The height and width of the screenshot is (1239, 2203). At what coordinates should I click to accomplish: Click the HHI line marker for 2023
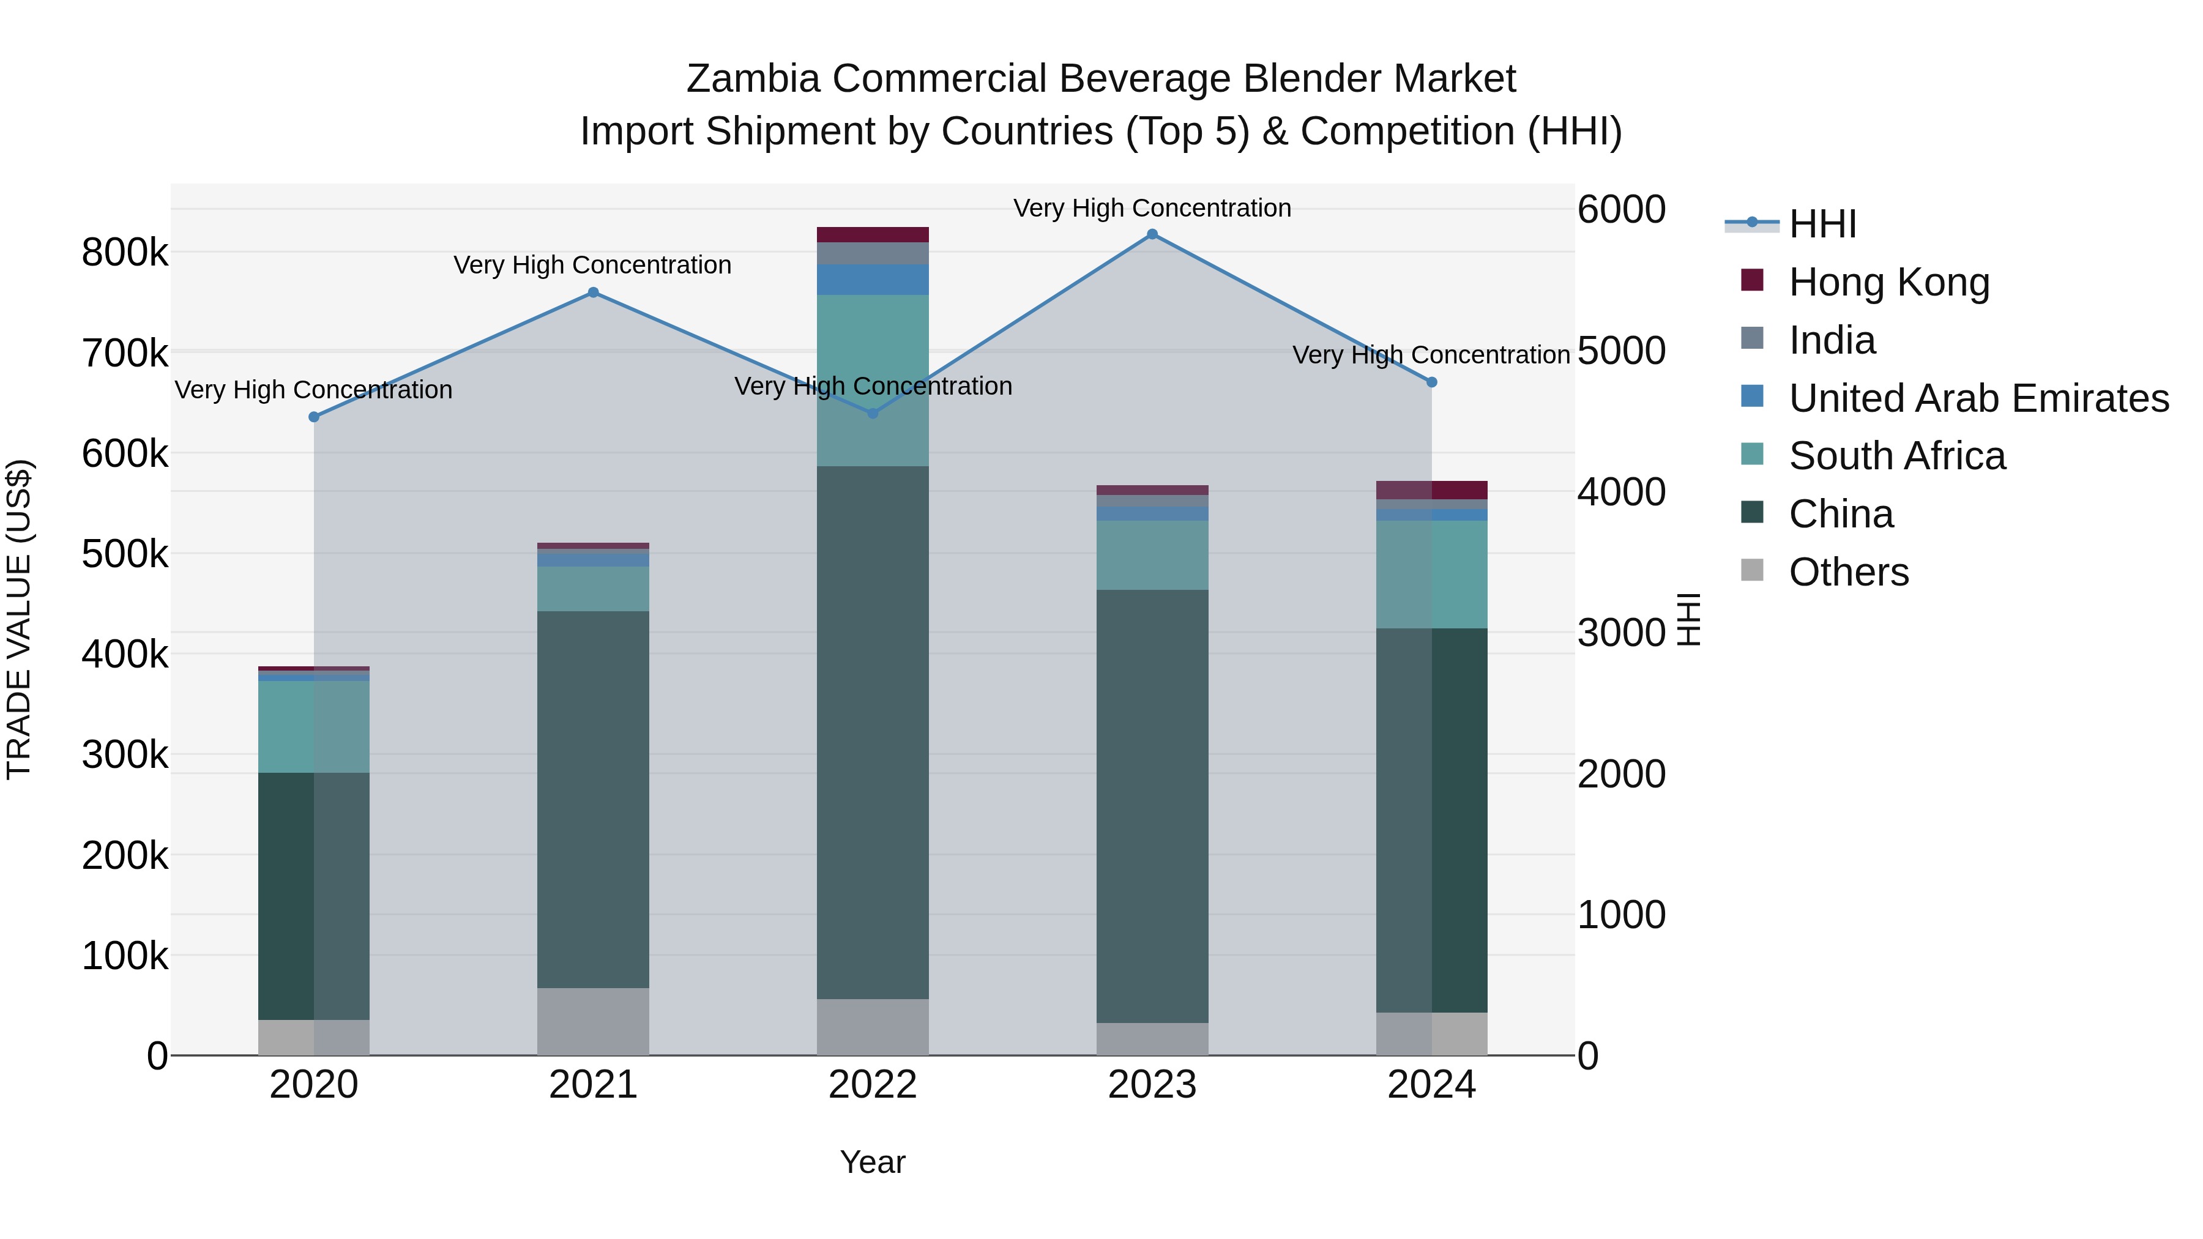coord(1152,234)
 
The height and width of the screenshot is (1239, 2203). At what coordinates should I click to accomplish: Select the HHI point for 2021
coord(594,292)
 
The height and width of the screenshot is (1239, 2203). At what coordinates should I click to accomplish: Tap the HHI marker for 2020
coord(314,417)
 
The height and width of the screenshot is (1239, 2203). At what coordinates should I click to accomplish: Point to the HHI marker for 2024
coord(1431,382)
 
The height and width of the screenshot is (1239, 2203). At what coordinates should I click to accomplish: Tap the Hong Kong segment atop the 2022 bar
coord(872,234)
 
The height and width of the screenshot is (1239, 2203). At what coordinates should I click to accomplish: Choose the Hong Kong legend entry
coord(1888,281)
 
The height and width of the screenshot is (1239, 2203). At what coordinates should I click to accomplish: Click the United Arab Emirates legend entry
coord(1978,398)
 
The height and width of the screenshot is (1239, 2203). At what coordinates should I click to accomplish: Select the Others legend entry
coord(1848,572)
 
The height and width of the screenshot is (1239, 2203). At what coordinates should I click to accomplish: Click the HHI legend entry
coord(1822,224)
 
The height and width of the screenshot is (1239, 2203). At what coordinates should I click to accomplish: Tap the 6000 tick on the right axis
coord(1620,209)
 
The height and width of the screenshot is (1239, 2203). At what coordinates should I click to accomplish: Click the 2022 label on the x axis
coord(872,1085)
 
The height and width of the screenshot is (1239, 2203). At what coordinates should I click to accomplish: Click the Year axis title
coord(872,1162)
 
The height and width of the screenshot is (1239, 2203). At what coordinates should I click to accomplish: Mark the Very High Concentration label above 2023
coord(1152,208)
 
